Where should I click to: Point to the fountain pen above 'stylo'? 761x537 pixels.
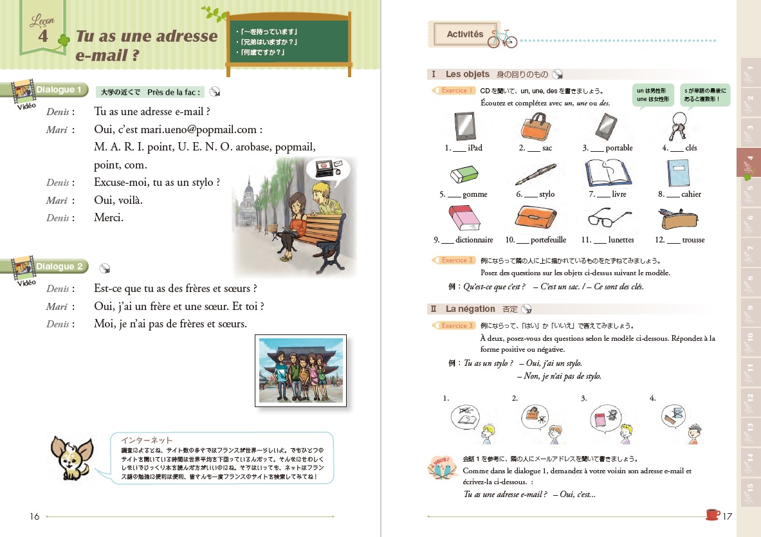535,173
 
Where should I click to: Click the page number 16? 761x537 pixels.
35,516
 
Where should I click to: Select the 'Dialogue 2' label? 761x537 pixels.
59,266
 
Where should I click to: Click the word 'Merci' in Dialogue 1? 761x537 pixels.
108,217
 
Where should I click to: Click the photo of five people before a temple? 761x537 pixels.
300,370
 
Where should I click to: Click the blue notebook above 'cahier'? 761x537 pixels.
678,172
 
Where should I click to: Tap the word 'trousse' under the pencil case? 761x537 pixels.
694,240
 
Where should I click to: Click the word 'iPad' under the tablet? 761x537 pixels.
475,148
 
